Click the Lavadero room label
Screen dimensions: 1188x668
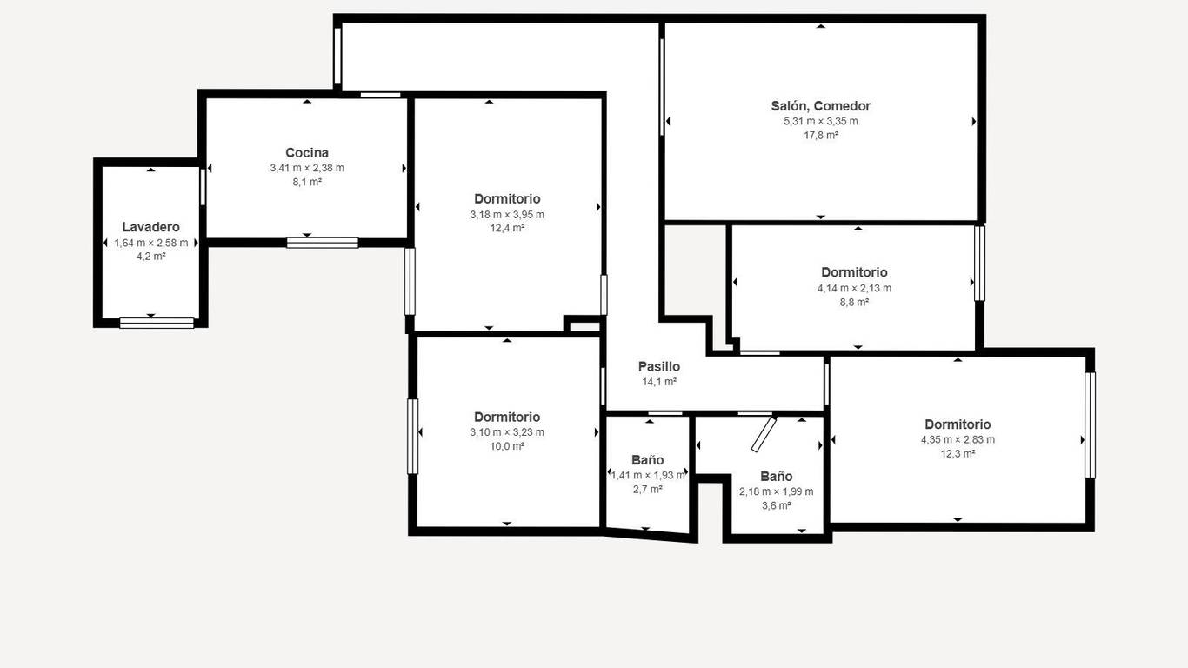pos(151,227)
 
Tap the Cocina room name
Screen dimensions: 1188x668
pos(307,153)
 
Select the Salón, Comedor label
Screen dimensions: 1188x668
pos(820,106)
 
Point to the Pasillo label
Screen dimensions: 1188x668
pos(658,367)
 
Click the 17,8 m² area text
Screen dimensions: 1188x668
pos(820,136)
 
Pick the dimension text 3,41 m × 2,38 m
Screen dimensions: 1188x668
pos(307,168)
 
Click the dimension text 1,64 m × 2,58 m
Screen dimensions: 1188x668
pos(151,243)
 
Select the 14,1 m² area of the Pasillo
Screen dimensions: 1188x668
pos(658,382)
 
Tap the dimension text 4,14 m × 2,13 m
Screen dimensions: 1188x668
pos(854,288)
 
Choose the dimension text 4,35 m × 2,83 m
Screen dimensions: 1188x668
pos(958,439)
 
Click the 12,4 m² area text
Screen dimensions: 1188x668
pos(507,228)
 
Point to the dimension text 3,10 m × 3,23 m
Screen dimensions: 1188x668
pos(507,432)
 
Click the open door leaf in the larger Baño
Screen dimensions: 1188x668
pos(764,435)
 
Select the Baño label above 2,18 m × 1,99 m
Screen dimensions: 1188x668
pos(777,477)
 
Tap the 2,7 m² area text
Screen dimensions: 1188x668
pos(648,489)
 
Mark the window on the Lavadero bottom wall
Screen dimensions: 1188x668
pos(157,323)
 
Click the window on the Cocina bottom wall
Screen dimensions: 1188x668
pos(323,243)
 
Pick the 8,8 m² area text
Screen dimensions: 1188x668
pos(854,303)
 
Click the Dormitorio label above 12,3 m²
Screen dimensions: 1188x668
pos(958,424)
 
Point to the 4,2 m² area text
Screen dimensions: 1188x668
pos(151,257)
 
